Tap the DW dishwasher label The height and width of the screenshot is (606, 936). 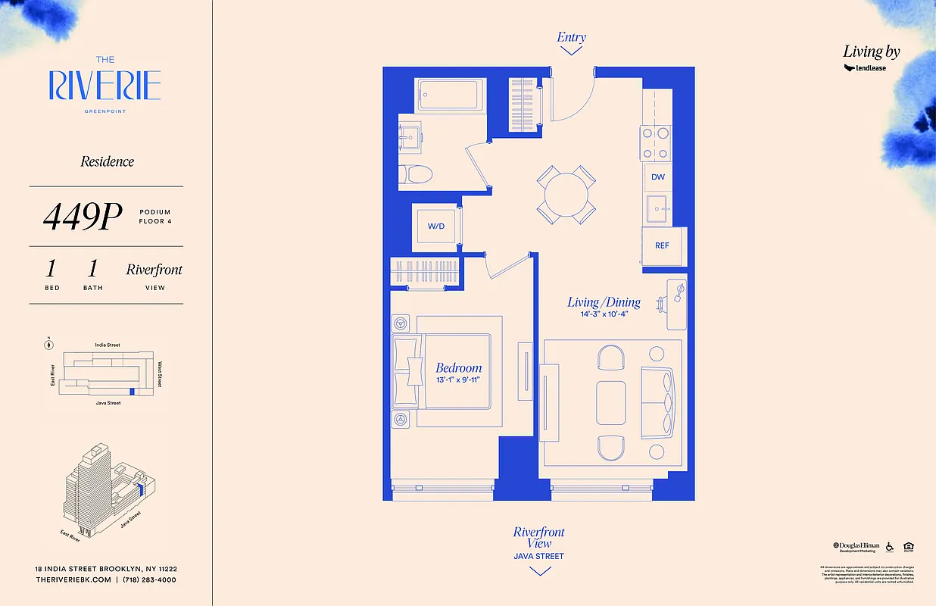[x=658, y=177]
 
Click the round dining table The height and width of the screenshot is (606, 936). [x=566, y=194]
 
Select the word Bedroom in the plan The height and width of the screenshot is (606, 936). [x=458, y=368]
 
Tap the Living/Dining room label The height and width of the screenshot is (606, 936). [x=604, y=302]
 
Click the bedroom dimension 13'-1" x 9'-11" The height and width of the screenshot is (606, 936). [x=458, y=380]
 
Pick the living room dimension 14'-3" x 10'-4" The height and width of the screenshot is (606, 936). [x=604, y=314]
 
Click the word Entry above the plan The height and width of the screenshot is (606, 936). [x=571, y=37]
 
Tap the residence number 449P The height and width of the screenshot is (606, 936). [x=83, y=217]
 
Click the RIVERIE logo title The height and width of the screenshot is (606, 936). [x=105, y=86]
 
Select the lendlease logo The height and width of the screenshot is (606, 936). [x=865, y=67]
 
